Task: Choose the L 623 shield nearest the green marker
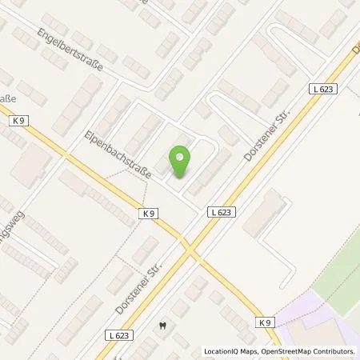click(224, 212)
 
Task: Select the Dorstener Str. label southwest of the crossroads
click(140, 288)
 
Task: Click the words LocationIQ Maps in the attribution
click(233, 352)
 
